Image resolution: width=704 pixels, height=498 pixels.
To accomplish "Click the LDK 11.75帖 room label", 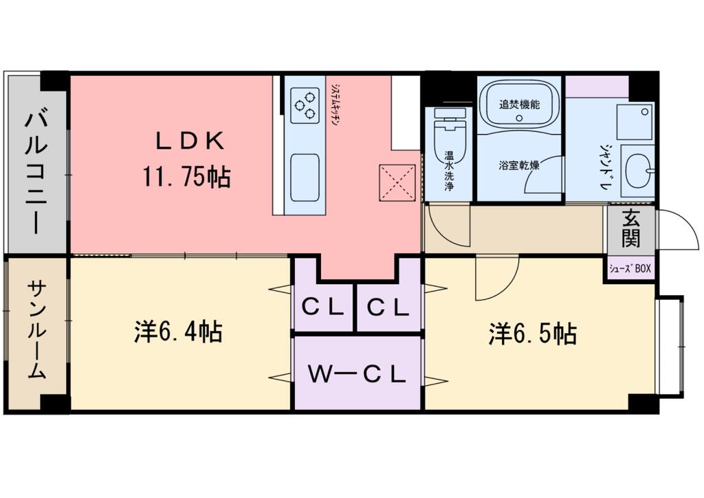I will (187, 160).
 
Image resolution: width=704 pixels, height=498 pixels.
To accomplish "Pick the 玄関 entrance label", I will (630, 230).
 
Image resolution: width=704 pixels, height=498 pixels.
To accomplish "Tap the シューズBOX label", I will (630, 269).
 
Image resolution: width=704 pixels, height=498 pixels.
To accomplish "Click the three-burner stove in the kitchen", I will (305, 105).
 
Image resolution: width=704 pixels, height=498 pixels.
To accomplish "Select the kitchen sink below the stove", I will (305, 177).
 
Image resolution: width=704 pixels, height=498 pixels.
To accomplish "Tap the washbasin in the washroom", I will (638, 166).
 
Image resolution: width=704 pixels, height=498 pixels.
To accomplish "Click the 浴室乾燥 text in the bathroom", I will (519, 165).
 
